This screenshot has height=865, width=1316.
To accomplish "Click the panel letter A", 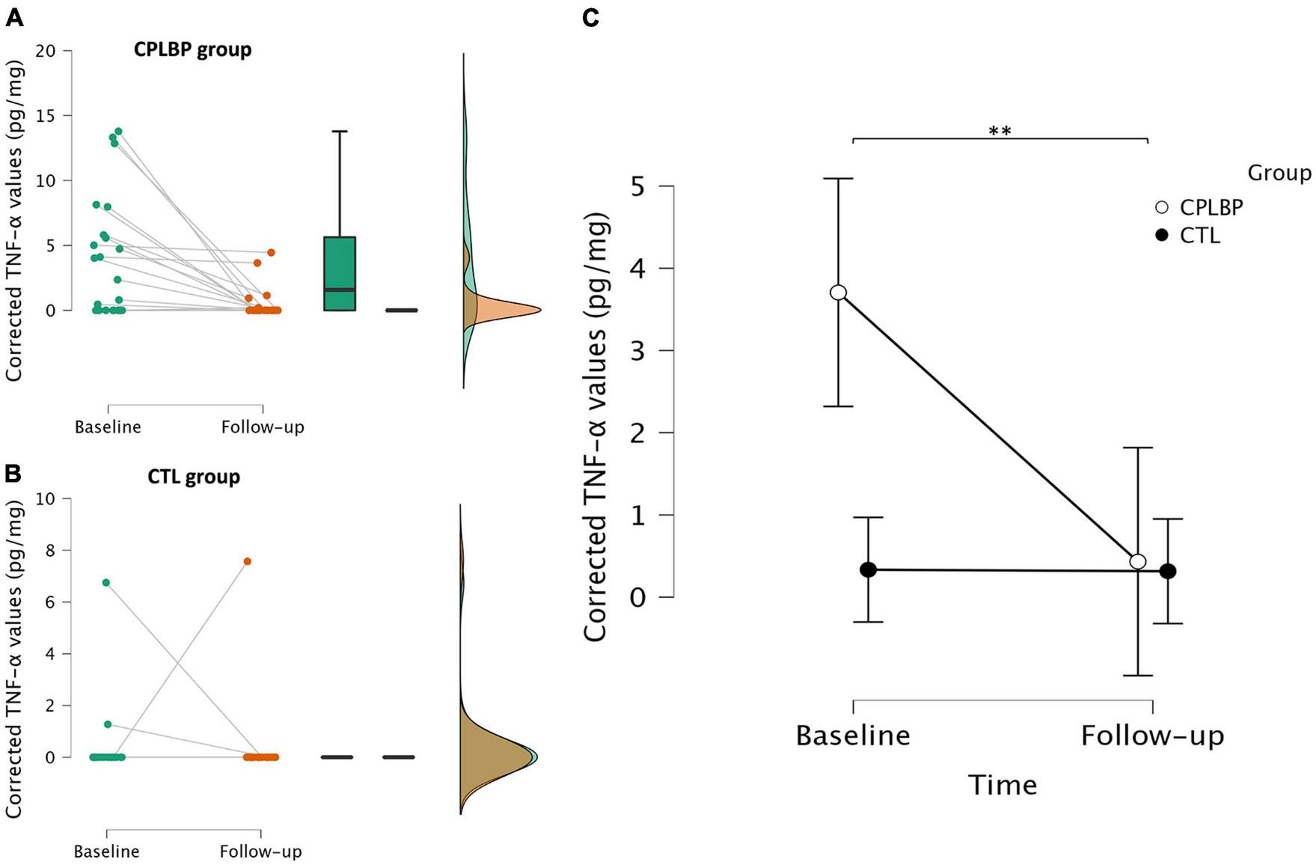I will [x=13, y=19].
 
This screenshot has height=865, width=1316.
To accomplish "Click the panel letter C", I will [x=590, y=19].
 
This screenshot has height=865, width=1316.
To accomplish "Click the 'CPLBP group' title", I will [x=193, y=50].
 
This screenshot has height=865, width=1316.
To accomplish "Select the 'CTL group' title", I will [x=194, y=477].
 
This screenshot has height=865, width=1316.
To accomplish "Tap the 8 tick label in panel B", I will [x=51, y=550].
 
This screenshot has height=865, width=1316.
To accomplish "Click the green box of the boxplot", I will [x=340, y=273].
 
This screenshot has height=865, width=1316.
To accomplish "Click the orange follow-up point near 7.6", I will [x=247, y=561].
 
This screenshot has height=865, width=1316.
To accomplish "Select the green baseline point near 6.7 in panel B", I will [x=106, y=582].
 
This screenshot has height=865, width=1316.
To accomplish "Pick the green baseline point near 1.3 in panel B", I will [x=108, y=724].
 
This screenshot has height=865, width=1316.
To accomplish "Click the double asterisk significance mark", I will [x=1000, y=132].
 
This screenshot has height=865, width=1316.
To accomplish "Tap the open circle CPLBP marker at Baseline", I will [x=838, y=293].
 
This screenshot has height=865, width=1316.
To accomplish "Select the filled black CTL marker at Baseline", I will [x=868, y=569].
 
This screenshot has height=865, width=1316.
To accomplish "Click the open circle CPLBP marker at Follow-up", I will [x=1138, y=561].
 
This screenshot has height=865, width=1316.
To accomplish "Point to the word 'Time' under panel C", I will [x=1003, y=785].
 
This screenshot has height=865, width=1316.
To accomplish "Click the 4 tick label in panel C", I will [x=638, y=268].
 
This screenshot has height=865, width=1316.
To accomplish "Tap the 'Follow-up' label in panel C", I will [x=1152, y=736].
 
